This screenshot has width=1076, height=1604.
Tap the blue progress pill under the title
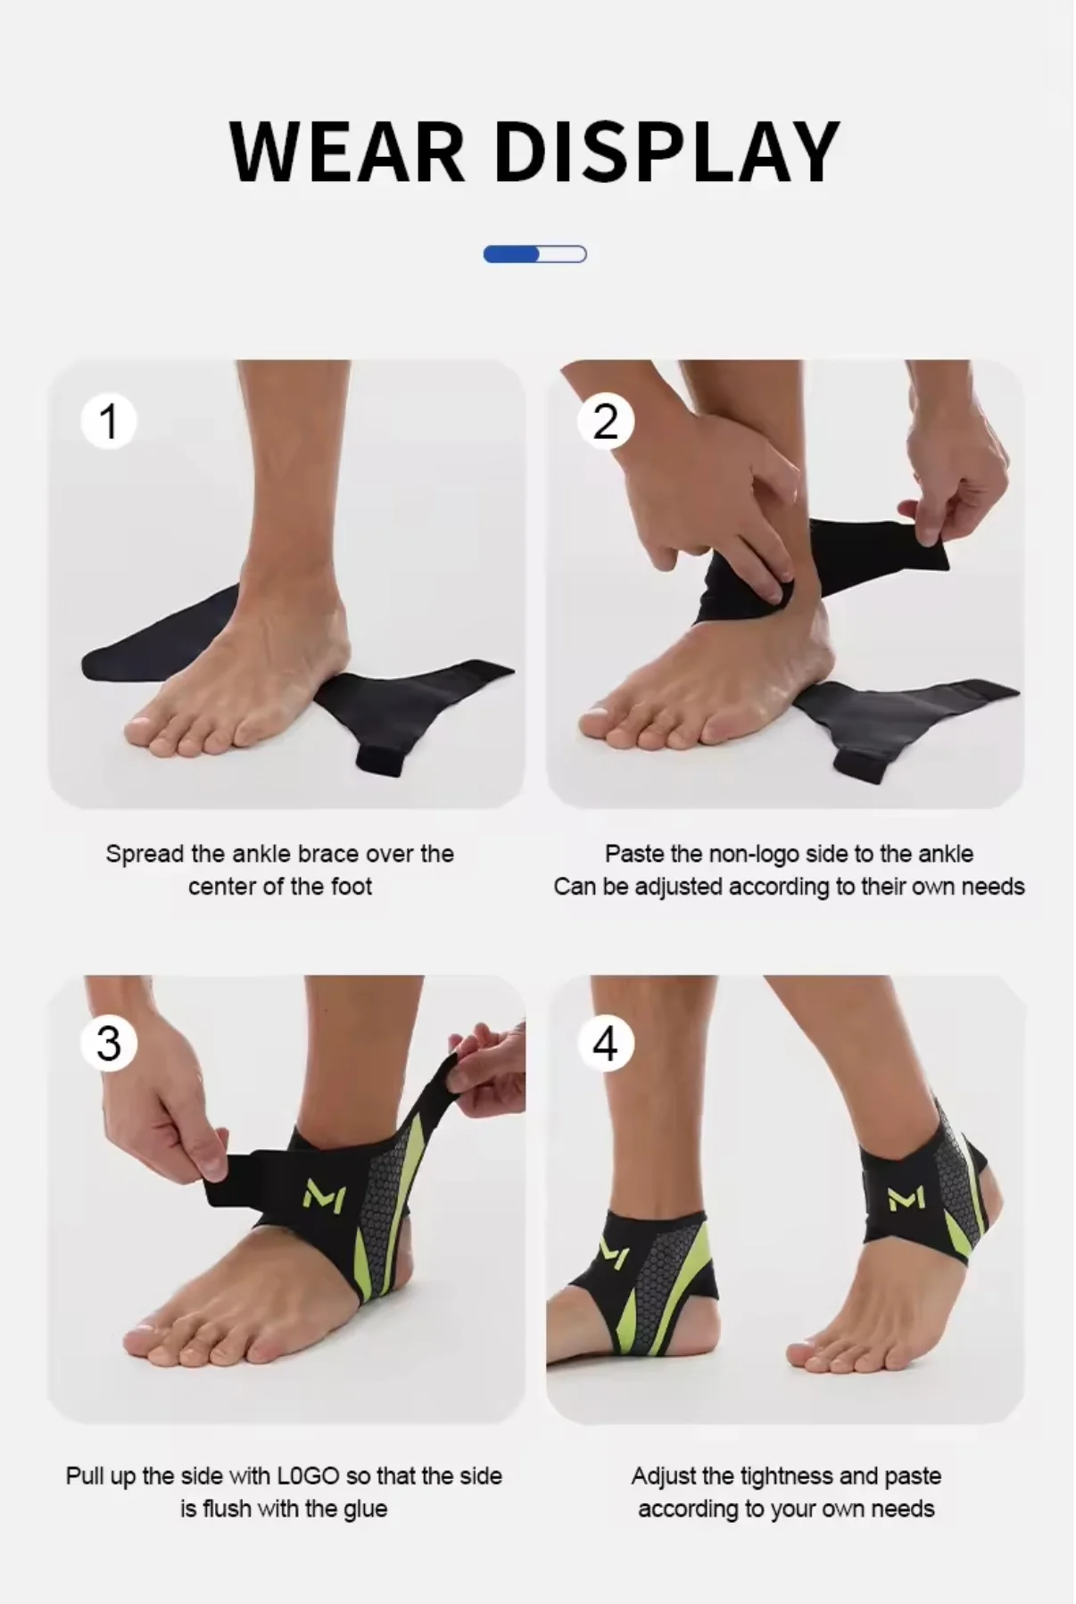(534, 255)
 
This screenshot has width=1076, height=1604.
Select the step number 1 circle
(109, 421)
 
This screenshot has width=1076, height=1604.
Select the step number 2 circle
(606, 421)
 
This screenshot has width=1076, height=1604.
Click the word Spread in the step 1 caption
(145, 855)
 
